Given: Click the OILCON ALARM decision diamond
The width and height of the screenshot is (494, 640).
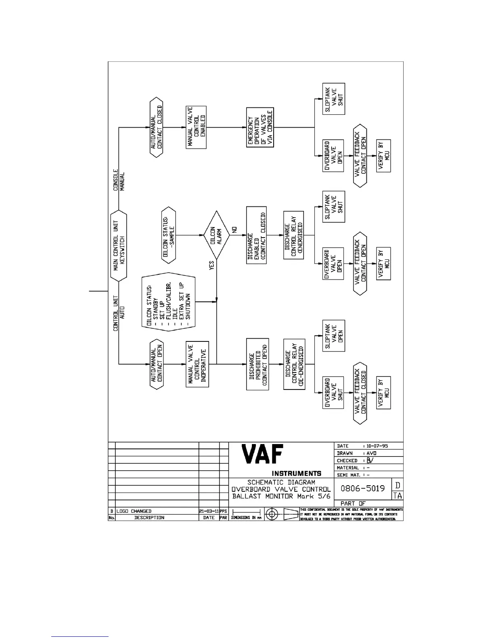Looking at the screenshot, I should (217, 235).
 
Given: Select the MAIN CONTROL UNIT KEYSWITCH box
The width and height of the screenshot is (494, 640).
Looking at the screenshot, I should (119, 245).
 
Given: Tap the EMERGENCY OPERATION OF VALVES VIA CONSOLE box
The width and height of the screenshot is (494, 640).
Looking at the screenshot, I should (260, 127).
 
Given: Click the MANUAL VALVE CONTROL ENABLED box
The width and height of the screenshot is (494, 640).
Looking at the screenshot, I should (196, 127).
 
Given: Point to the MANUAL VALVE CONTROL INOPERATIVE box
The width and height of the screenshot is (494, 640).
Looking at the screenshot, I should (197, 364).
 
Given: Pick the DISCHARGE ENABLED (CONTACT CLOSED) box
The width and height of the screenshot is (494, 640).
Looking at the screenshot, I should (257, 235).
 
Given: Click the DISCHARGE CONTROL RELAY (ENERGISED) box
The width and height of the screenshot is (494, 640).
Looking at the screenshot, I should (294, 235).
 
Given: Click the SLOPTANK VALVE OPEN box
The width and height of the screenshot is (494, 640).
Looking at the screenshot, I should (334, 336).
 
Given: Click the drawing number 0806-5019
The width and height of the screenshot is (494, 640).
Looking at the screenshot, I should (362, 488).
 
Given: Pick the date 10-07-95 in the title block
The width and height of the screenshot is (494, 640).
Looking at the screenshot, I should (377, 446).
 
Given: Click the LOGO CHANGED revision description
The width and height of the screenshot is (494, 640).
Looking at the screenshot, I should (134, 511).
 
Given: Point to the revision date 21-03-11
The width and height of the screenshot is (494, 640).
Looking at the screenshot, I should (209, 511).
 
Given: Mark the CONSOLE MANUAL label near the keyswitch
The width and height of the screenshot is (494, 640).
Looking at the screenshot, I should (119, 181).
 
